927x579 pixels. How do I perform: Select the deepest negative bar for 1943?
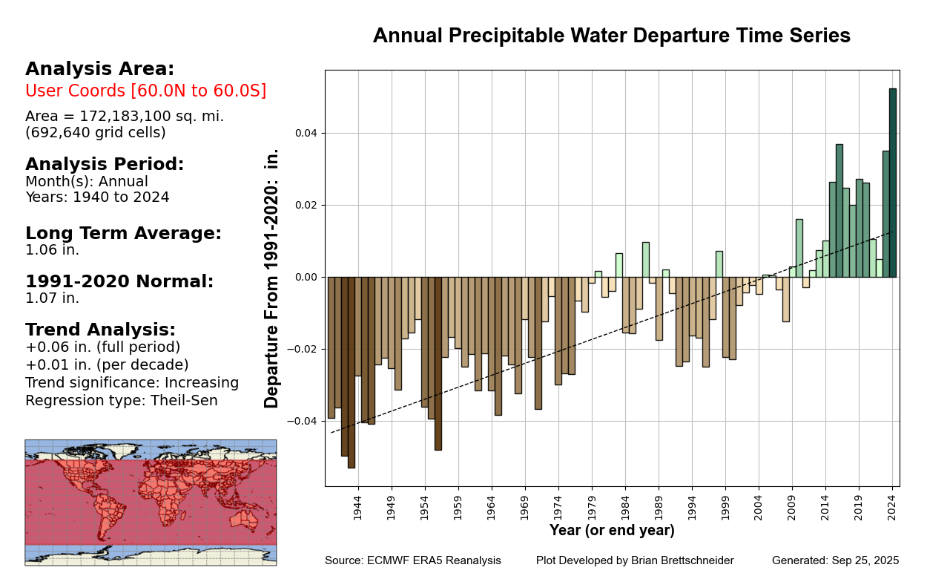(352, 372)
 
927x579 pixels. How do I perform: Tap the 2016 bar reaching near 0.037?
(839, 211)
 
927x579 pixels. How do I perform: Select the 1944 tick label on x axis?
(358, 508)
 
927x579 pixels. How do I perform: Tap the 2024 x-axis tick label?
(893, 508)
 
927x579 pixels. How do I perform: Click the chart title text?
(611, 36)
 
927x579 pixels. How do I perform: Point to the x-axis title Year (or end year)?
(612, 531)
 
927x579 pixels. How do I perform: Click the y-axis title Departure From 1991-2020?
(272, 278)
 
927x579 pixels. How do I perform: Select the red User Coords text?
(145, 91)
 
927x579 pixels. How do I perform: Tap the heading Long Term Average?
(123, 233)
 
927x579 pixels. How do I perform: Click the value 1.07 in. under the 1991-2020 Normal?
(52, 298)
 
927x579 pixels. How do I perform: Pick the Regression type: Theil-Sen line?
(122, 401)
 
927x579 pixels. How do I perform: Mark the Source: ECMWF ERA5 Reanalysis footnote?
(412, 560)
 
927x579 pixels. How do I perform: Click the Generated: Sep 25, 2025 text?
(835, 560)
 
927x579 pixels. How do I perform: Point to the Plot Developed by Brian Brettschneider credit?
(635, 560)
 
